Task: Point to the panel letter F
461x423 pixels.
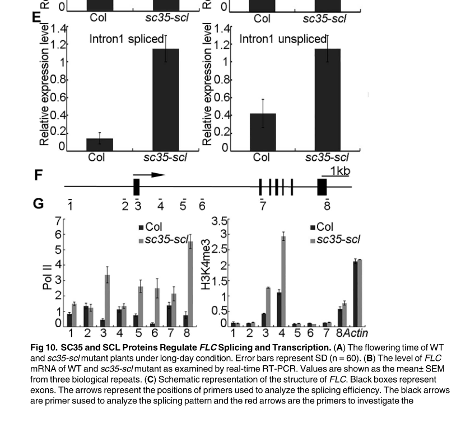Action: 38,175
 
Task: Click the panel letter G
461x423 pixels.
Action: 38,203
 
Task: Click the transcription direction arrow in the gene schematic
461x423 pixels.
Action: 150,175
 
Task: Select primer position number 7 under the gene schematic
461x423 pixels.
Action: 263,206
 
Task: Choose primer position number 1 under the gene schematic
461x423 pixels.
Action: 70,206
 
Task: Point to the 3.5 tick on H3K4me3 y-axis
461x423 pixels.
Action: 220,220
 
